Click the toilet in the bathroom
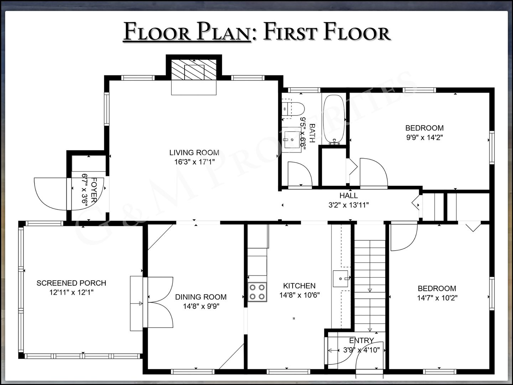point(293,108)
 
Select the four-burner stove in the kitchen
point(257,292)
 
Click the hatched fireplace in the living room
point(194,70)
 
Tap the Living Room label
point(194,153)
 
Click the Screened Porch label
point(71,283)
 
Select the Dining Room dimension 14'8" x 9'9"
point(201,306)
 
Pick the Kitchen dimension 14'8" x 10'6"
point(299,295)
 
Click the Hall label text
point(348,195)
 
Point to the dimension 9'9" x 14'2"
point(424,137)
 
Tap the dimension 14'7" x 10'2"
point(437,298)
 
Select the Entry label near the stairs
point(362,340)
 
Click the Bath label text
point(312,133)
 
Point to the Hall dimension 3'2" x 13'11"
point(348,205)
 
